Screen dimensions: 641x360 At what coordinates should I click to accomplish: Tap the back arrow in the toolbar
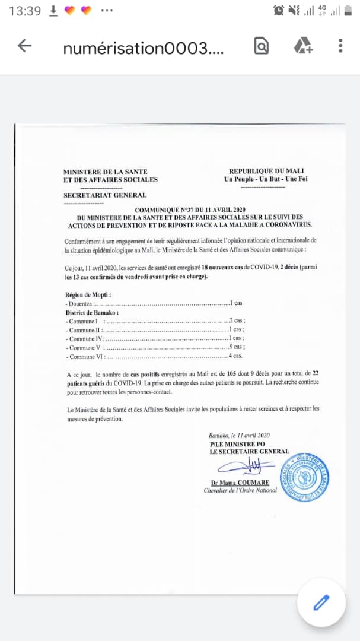click(x=24, y=46)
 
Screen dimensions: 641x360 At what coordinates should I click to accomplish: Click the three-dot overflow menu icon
click(x=340, y=46)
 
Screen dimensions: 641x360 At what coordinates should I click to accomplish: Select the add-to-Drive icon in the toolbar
click(x=303, y=46)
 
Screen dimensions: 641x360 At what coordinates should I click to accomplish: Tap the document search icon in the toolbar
click(x=262, y=46)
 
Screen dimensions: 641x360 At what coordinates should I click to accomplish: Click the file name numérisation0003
click(x=144, y=47)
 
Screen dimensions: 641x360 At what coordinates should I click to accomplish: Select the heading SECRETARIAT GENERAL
click(x=105, y=195)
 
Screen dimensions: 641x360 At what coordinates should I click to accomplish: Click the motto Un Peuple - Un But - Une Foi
click(x=266, y=179)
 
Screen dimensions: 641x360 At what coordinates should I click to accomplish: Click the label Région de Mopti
click(x=88, y=294)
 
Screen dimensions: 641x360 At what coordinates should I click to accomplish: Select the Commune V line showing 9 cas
click(x=155, y=347)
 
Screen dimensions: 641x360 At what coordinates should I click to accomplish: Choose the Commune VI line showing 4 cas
click(x=154, y=356)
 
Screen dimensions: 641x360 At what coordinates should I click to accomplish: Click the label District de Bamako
click(x=92, y=312)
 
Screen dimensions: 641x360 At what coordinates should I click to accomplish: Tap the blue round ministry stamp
click(x=304, y=477)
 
